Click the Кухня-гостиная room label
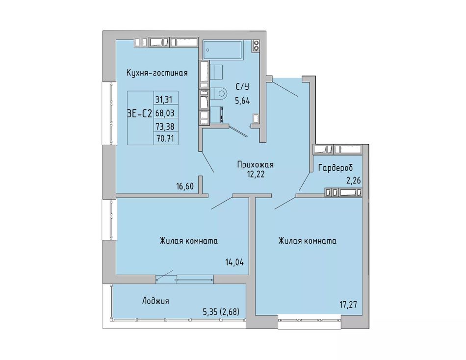157,73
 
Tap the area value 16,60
185,186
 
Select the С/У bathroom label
242,87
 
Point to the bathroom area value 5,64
242,101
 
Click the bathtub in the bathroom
223,50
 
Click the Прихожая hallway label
255,164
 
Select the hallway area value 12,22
255,174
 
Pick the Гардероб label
336,168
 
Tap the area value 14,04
234,262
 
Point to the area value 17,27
348,305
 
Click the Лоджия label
155,301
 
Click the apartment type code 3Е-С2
140,114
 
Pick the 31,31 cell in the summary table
164,99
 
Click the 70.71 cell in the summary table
165,138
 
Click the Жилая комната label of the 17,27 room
307,240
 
